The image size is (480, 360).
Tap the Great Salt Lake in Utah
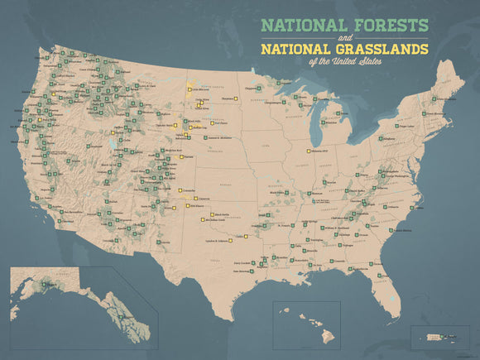110,149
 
